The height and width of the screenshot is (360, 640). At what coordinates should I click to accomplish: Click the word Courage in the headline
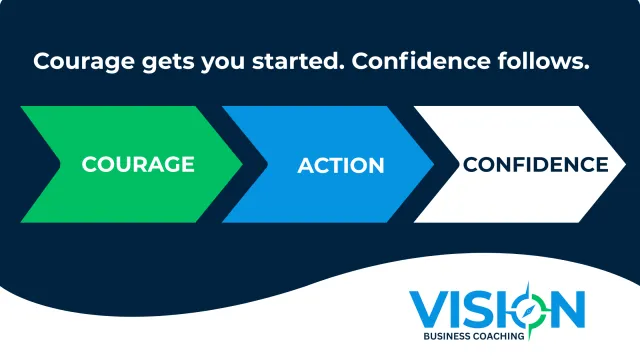84,62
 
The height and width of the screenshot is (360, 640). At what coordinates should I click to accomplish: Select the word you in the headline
223,64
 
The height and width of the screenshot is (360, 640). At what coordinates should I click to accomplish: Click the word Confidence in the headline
420,60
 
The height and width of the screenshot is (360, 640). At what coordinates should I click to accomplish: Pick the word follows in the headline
538,60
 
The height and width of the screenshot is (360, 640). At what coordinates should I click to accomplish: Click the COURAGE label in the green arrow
138,164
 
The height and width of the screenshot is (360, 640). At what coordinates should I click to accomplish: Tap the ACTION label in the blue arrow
341,165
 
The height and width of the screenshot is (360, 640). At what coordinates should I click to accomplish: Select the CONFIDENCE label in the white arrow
536,164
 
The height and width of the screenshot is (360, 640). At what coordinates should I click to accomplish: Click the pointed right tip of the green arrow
242,164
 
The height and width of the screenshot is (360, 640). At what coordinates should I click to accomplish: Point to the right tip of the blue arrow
433,164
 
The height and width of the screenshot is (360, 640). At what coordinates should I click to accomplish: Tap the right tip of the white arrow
625,164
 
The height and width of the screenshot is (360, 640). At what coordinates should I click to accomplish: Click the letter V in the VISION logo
427,309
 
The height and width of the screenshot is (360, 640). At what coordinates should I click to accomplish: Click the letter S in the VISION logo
476,309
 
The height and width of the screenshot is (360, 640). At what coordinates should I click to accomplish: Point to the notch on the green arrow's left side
60,164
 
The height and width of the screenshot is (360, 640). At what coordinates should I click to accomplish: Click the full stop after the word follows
586,68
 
